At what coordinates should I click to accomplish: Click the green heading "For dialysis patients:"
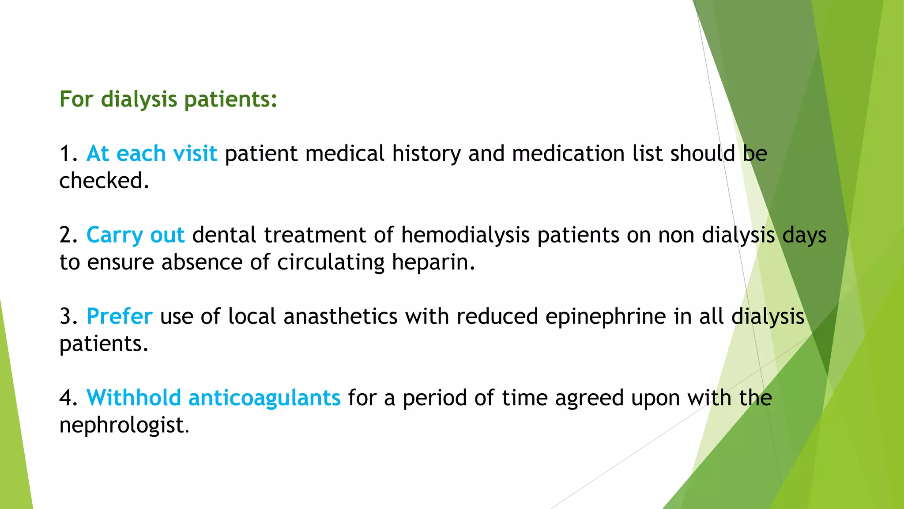(x=168, y=99)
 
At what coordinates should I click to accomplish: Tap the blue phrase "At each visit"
(x=152, y=154)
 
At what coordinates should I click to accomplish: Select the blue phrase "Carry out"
(x=136, y=235)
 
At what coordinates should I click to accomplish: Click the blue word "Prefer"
(x=120, y=316)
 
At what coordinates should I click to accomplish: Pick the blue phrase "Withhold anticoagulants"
(x=214, y=398)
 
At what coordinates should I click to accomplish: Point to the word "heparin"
(x=433, y=262)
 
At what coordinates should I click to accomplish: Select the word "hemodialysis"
(x=465, y=235)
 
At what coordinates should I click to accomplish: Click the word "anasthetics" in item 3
(x=340, y=316)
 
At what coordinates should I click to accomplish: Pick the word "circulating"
(x=331, y=262)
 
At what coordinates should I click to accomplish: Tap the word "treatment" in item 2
(x=315, y=235)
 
